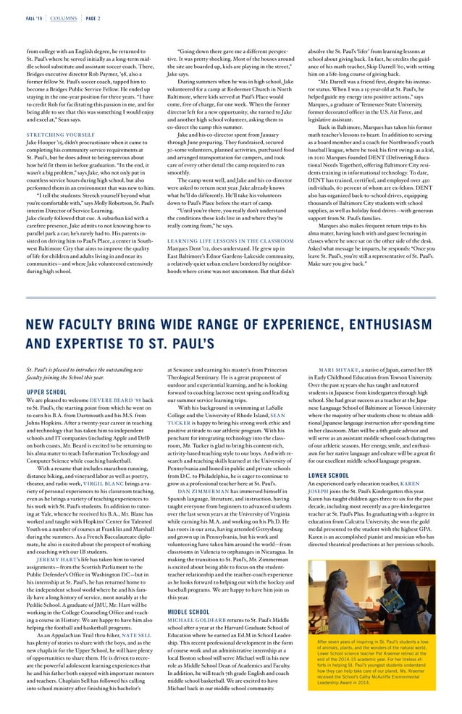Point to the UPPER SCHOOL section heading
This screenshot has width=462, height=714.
(x=46, y=392)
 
